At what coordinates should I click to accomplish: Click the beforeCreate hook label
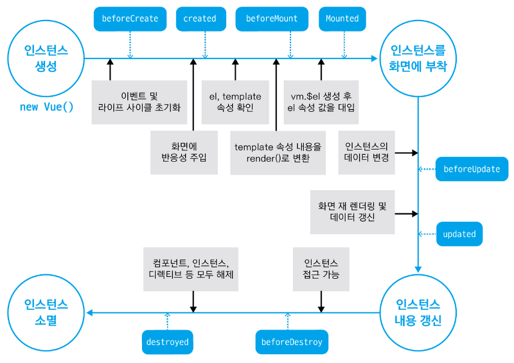click(x=130, y=19)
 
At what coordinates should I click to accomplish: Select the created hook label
click(x=200, y=19)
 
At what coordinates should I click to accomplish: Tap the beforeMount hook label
click(x=272, y=19)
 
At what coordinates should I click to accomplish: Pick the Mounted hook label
click(x=342, y=19)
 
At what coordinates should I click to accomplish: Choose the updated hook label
click(x=459, y=234)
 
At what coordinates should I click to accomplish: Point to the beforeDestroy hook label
click(x=292, y=342)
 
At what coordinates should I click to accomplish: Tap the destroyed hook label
click(x=167, y=342)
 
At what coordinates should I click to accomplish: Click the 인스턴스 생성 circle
click(x=46, y=58)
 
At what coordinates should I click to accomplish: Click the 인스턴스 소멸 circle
click(x=46, y=312)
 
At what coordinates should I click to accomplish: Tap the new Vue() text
click(x=46, y=107)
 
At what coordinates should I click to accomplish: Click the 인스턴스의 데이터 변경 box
click(x=367, y=152)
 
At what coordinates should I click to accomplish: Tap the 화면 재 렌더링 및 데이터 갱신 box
click(x=352, y=211)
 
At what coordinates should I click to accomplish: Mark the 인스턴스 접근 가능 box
click(x=321, y=269)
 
